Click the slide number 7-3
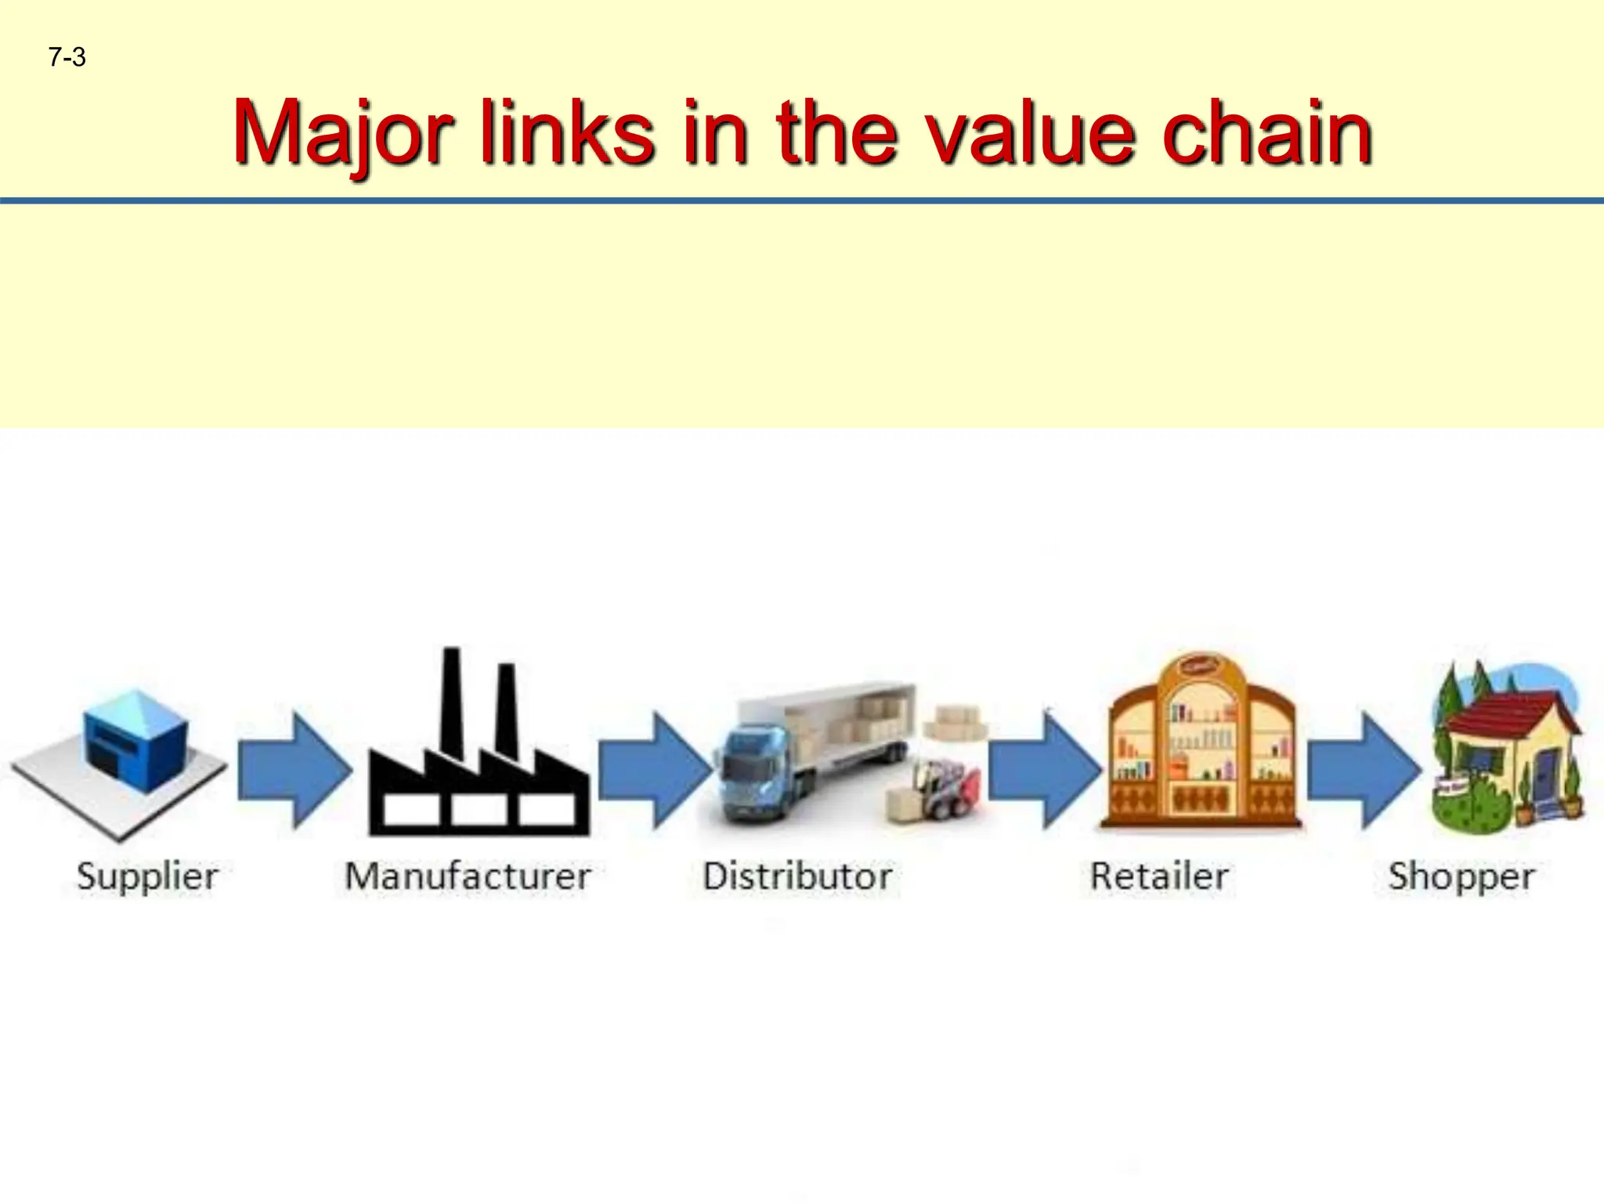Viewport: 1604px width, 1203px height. click(x=67, y=57)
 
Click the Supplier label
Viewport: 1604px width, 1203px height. click(x=147, y=876)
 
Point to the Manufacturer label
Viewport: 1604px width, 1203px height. click(x=468, y=876)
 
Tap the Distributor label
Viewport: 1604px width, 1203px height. click(x=797, y=876)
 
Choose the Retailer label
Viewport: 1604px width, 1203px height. click(x=1159, y=876)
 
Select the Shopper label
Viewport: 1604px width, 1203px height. click(x=1461, y=876)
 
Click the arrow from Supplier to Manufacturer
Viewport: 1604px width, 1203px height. click(x=294, y=771)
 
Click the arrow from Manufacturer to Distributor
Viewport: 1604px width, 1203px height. click(x=655, y=771)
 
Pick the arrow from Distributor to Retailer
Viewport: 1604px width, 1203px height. click(x=1045, y=771)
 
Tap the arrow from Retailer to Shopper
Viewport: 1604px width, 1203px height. click(x=1364, y=771)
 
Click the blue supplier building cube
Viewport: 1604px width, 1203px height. click(x=135, y=740)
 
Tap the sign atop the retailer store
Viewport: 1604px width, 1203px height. click(x=1198, y=667)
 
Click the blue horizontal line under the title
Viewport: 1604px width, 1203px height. click(x=802, y=201)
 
